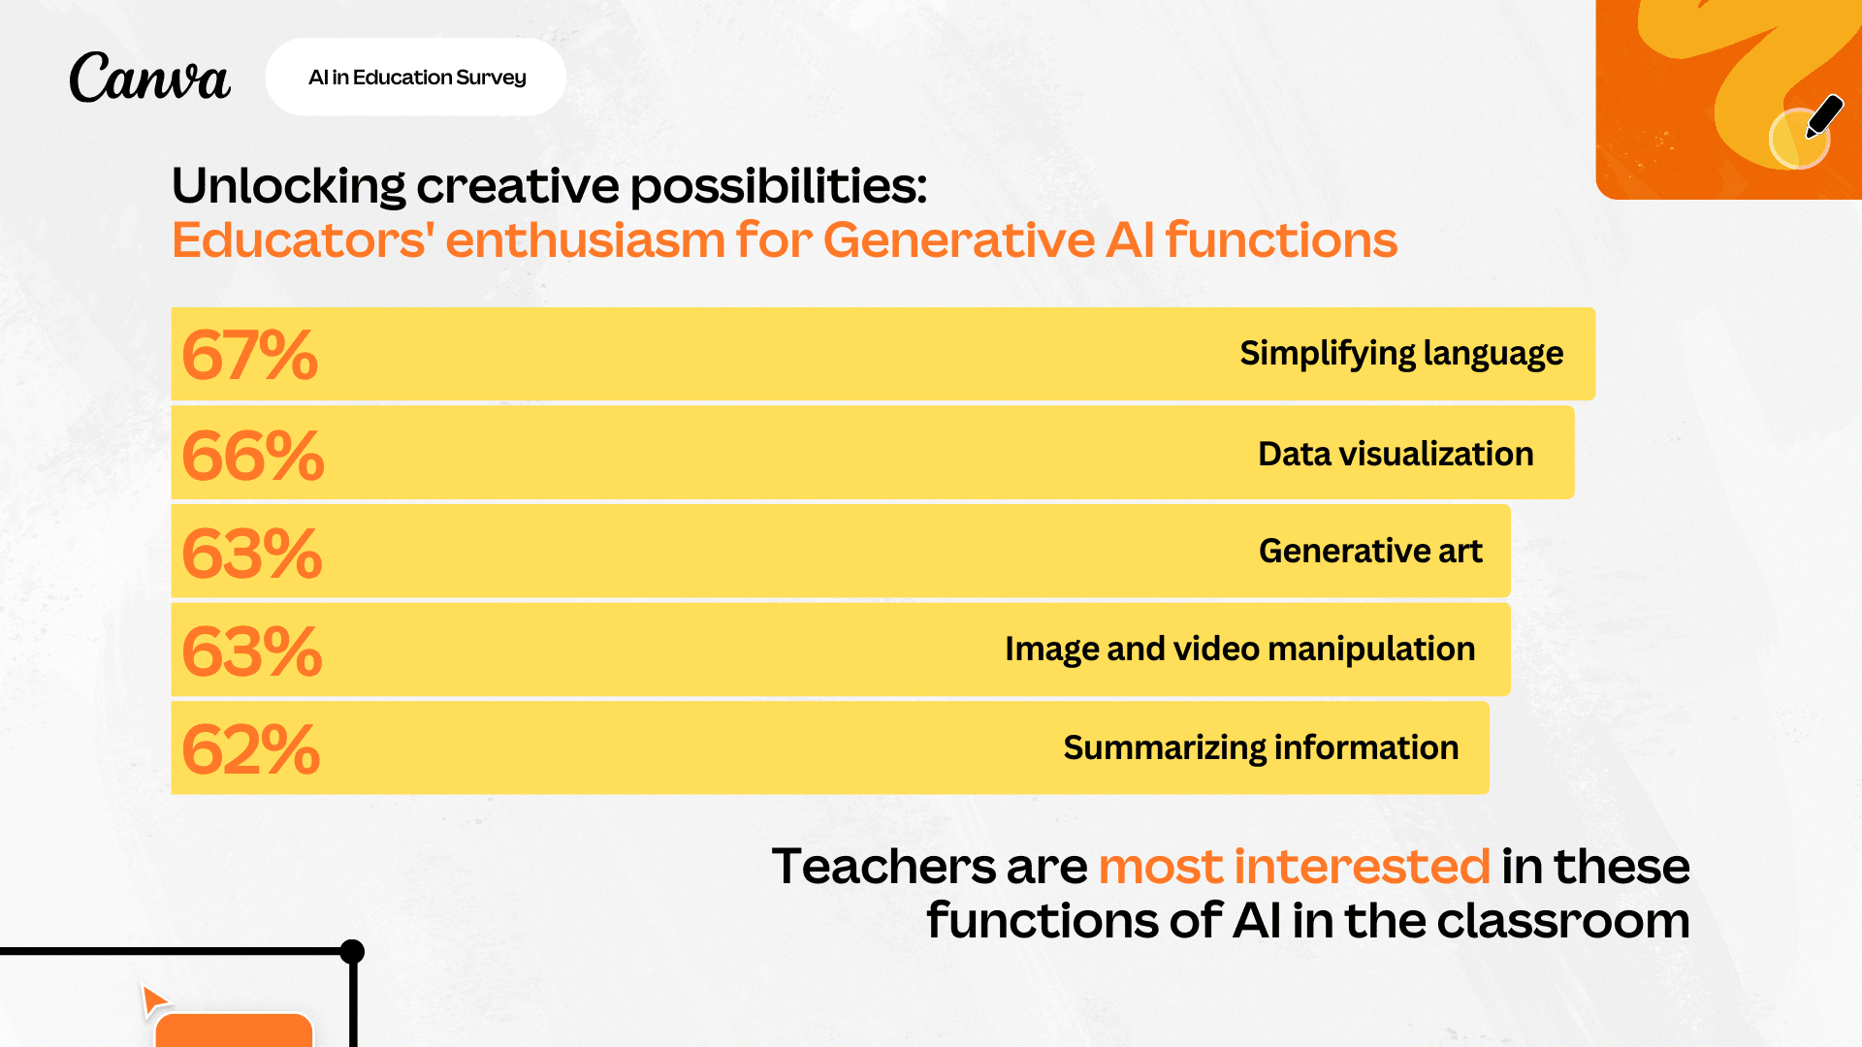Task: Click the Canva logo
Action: [149, 78]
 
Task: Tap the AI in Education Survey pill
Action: [416, 78]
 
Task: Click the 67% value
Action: [249, 355]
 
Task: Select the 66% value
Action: [252, 455]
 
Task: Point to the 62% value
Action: [250, 749]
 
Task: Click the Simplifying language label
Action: [1400, 354]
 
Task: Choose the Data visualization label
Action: [1395, 454]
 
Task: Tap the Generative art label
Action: [1369, 552]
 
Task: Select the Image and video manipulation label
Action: [1239, 650]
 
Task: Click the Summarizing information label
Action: [1260, 748]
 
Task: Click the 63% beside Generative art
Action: [251, 554]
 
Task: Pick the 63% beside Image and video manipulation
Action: [251, 651]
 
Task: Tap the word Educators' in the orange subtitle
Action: [302, 240]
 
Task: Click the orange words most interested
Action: [1294, 866]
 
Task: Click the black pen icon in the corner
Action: [1823, 117]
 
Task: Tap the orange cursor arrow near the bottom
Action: [153, 999]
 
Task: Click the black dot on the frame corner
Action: [353, 951]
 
